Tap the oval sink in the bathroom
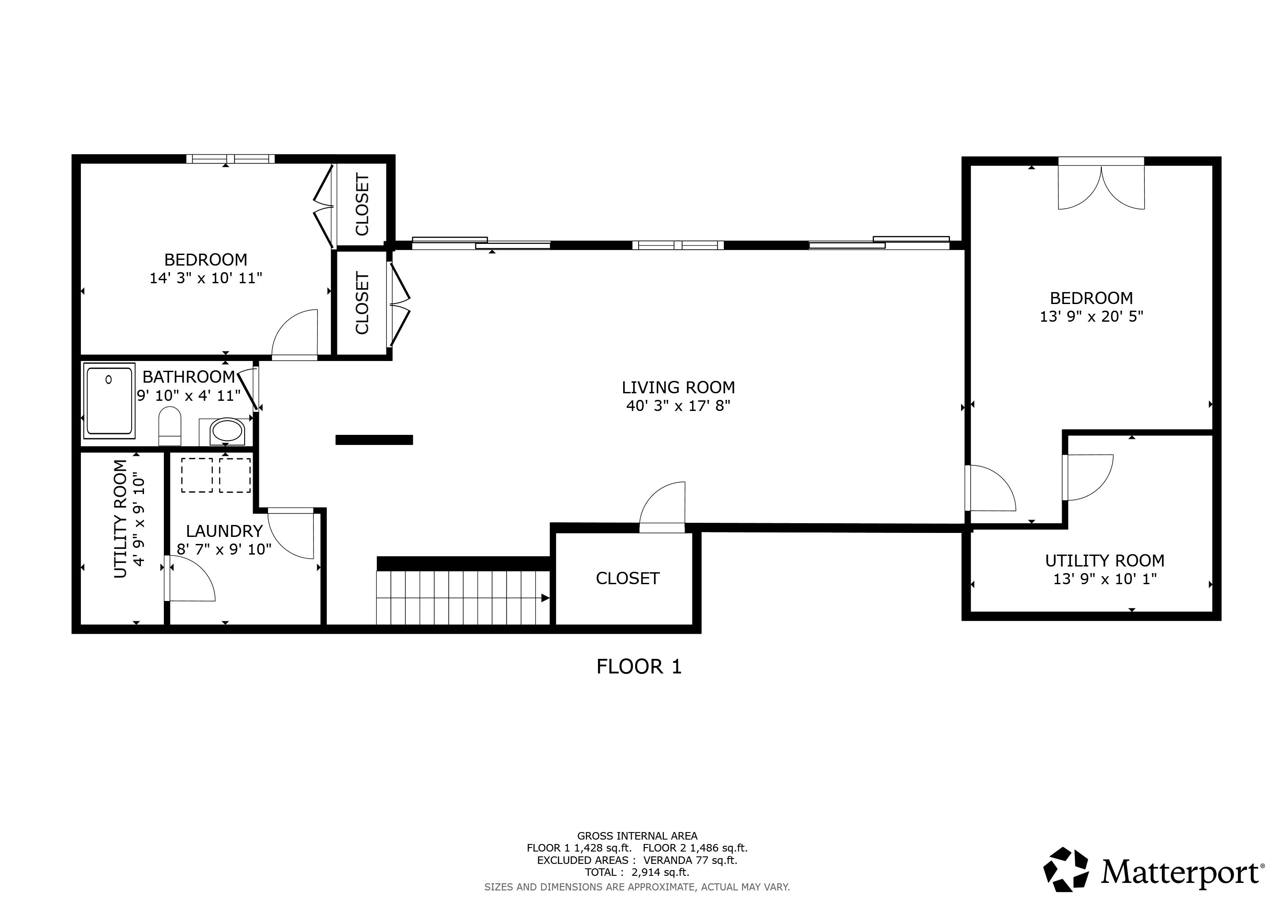point(226,431)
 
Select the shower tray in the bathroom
point(109,400)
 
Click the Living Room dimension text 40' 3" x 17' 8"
point(678,406)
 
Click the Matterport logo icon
point(1066,869)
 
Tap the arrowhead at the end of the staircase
point(545,598)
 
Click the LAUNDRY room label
point(224,531)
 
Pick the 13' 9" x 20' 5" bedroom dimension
point(1091,316)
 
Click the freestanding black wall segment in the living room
point(374,440)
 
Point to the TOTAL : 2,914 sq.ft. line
point(637,872)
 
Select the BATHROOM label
point(189,376)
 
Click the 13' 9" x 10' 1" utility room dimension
point(1105,579)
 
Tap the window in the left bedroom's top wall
point(230,159)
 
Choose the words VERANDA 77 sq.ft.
point(690,860)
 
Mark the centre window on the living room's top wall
point(678,245)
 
